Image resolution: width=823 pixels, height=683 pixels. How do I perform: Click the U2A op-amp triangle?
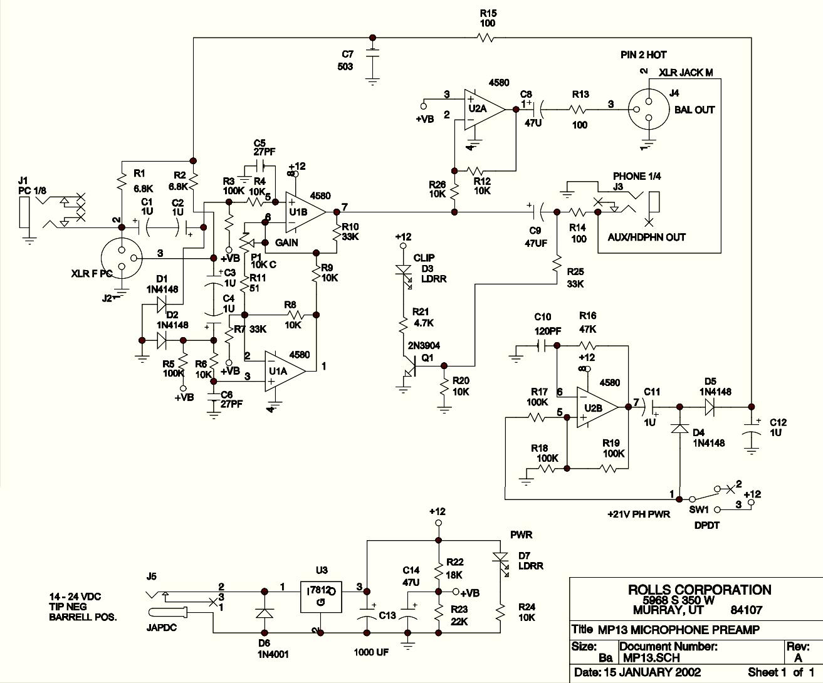pyautogui.click(x=483, y=109)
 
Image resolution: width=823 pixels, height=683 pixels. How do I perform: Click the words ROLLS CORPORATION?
pyautogui.click(x=700, y=590)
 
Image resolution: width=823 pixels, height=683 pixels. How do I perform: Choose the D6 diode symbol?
pyautogui.click(x=264, y=612)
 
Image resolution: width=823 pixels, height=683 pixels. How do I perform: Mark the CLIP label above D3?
pyautogui.click(x=424, y=258)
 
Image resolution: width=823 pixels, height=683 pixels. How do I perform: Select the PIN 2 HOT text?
pyautogui.click(x=644, y=55)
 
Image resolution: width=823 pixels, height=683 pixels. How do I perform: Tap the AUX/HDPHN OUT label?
pyautogui.click(x=646, y=237)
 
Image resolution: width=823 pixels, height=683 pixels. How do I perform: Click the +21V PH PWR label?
pyautogui.click(x=638, y=514)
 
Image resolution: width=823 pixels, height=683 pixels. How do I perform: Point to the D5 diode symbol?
pyautogui.click(x=710, y=405)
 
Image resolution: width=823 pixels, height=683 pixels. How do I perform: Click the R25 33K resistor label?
pyautogui.click(x=575, y=278)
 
